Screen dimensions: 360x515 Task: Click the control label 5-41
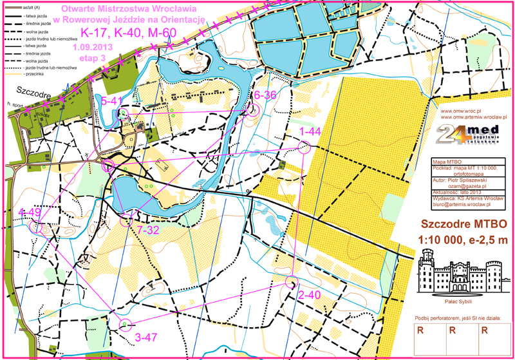coord(112,100)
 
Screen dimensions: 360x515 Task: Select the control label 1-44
coord(310,131)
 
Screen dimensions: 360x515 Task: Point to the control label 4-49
coord(30,213)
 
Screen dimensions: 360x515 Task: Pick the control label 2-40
coord(309,295)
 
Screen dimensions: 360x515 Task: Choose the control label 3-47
coord(147,336)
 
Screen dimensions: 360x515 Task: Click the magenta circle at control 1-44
coord(304,147)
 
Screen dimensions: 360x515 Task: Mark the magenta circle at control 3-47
coord(126,324)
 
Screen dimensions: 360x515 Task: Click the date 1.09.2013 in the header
coord(93,48)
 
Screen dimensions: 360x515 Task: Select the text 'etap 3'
coord(91,59)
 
